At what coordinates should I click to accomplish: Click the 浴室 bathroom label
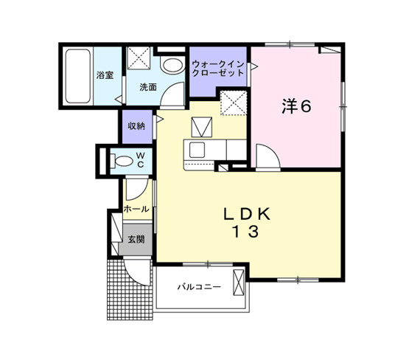pyautogui.click(x=105, y=75)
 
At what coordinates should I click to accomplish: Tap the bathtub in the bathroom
pyautogui.click(x=78, y=76)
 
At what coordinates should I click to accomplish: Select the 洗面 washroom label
pyautogui.click(x=148, y=87)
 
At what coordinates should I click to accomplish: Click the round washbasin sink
pyautogui.click(x=172, y=65)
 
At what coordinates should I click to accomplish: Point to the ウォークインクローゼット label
pyautogui.click(x=218, y=69)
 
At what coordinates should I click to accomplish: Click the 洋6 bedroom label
pyautogui.click(x=296, y=106)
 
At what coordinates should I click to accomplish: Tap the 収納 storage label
pyautogui.click(x=136, y=126)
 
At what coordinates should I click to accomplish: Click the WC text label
pyautogui.click(x=141, y=160)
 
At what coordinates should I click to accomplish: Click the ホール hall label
pyautogui.click(x=136, y=209)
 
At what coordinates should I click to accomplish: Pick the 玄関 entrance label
pyautogui.click(x=136, y=239)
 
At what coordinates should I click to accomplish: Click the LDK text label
pyautogui.click(x=247, y=215)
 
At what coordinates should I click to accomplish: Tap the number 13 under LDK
pyautogui.click(x=245, y=232)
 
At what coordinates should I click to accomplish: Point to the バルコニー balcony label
pyautogui.click(x=199, y=287)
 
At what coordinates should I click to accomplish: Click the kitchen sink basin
pyautogui.click(x=197, y=150)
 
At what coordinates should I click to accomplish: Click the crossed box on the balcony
pyautogui.click(x=238, y=283)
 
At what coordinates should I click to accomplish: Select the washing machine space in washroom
pyautogui.click(x=139, y=58)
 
